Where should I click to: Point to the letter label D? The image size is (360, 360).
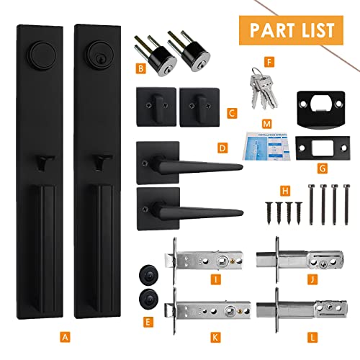222,149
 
